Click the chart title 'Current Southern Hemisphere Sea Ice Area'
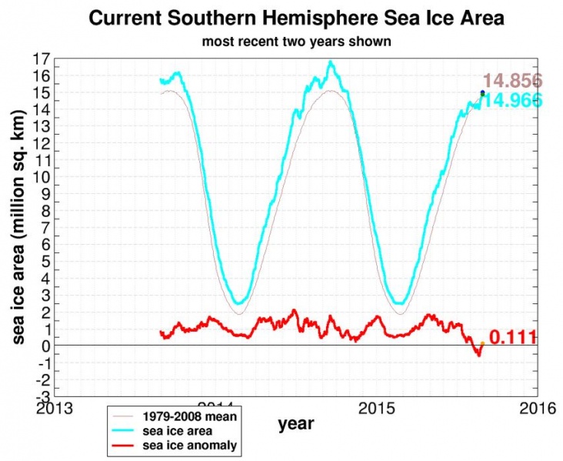coord(297,18)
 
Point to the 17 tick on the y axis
coord(42,59)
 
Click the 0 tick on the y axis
coord(47,346)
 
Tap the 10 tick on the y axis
coord(42,177)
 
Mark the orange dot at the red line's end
coord(482,343)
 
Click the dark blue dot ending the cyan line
coord(482,92)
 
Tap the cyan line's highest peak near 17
coord(331,62)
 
